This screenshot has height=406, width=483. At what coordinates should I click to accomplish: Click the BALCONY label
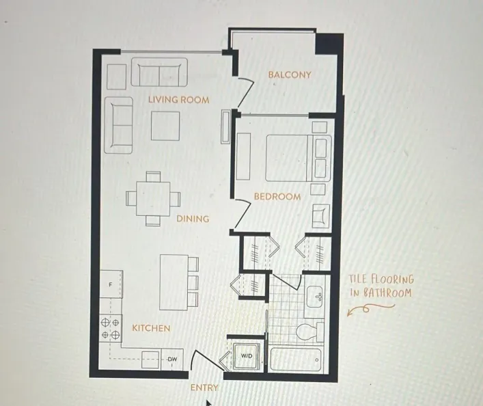point(289,75)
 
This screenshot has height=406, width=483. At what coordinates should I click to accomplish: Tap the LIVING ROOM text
point(178,100)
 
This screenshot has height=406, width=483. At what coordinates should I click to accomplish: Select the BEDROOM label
point(277,197)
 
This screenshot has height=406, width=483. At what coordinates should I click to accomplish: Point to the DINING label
point(193,219)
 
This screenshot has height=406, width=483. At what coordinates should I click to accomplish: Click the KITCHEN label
point(151,328)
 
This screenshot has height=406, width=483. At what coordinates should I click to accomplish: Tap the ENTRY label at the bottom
point(204,388)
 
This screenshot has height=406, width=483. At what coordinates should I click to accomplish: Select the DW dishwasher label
point(173,360)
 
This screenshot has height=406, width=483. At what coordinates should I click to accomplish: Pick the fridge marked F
point(111,284)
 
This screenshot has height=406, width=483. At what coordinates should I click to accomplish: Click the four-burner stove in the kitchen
point(111,328)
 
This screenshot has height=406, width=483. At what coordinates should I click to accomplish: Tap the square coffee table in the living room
point(165,125)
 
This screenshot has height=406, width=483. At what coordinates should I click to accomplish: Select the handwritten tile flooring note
point(381,286)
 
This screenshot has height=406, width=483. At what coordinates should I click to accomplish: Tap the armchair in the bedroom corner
point(320,216)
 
